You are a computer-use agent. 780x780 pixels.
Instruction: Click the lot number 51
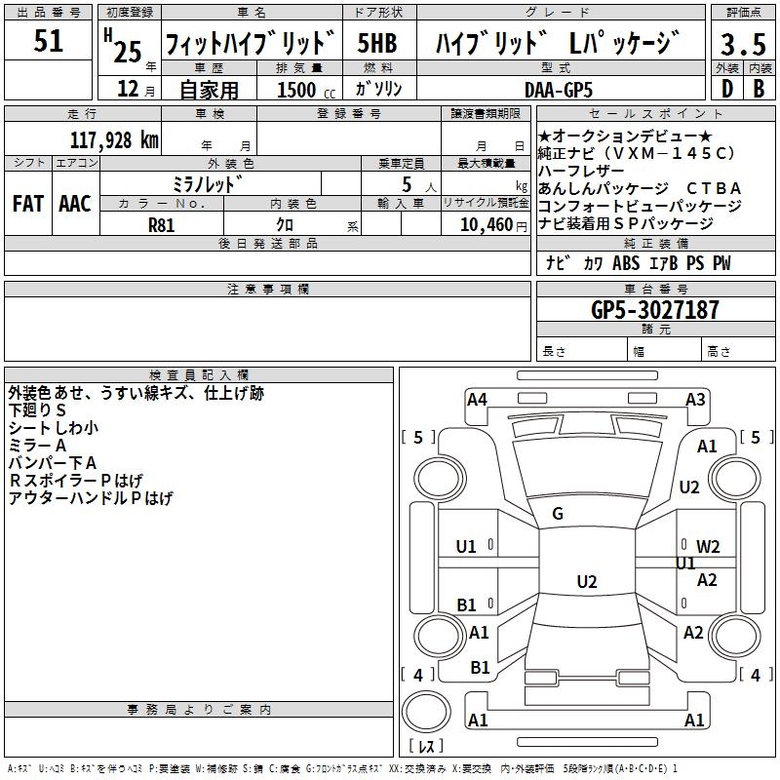coord(48,41)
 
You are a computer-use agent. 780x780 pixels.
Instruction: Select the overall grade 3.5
coord(743,44)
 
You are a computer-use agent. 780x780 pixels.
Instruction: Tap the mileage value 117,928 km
coord(114,140)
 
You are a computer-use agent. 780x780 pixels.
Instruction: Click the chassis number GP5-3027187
coord(655,310)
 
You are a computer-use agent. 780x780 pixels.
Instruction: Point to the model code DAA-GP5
coord(559,90)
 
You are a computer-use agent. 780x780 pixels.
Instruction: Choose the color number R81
coord(161,225)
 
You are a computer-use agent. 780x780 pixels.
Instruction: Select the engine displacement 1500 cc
coord(306,90)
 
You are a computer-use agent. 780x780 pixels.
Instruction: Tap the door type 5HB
coord(377,43)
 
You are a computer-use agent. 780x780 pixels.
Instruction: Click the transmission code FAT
coord(28,204)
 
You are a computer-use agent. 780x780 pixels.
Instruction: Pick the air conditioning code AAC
coord(75,204)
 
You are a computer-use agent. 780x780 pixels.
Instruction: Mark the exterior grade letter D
coord(727,89)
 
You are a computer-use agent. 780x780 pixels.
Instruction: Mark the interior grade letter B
coord(760,89)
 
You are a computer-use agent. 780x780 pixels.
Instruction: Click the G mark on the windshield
coord(558,514)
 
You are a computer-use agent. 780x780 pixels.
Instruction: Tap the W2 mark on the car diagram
coord(708,547)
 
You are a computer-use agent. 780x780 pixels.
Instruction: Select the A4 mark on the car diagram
coord(477,400)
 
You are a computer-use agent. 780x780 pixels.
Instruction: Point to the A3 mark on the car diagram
coord(695,400)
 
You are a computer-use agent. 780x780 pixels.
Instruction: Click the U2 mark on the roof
coord(587,581)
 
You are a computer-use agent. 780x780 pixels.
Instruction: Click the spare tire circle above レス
coord(426,712)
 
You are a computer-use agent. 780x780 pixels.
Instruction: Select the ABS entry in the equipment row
coord(626,263)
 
